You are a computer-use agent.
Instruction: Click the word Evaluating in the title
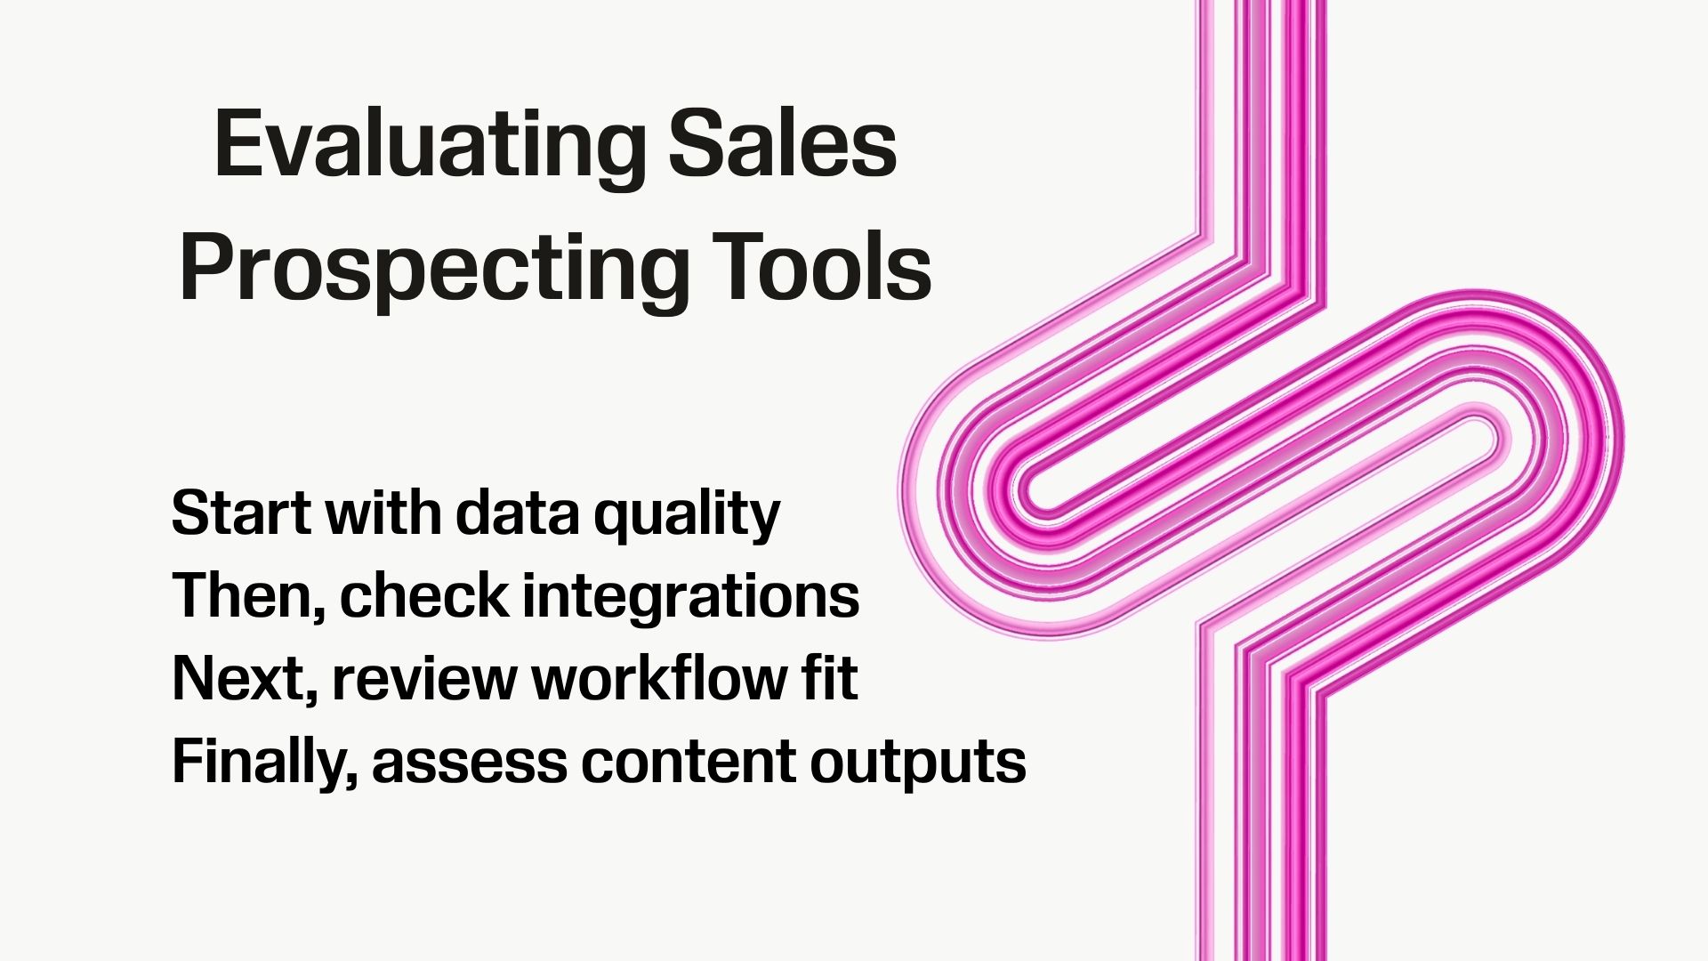(430, 145)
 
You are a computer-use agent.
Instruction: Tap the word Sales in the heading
(782, 145)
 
